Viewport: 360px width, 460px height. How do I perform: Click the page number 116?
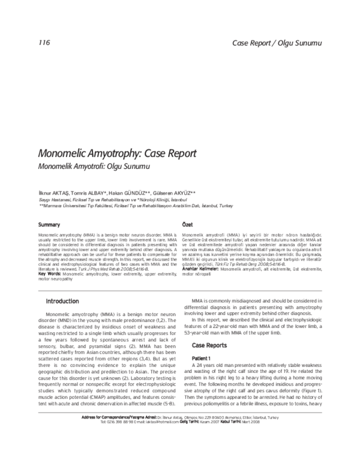pyautogui.click(x=43, y=43)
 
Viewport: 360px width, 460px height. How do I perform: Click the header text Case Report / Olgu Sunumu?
pyautogui.click(x=277, y=43)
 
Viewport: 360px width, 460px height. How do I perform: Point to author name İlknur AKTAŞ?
pyautogui.click(x=53, y=191)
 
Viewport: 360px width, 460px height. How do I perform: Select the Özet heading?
pyautogui.click(x=187, y=224)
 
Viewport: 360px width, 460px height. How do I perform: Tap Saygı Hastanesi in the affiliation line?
pyautogui.click(x=54, y=199)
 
